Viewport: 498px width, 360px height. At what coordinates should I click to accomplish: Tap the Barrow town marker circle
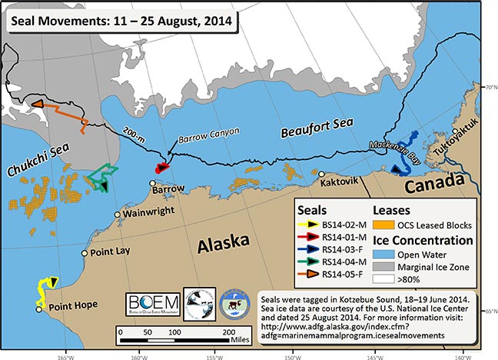154,182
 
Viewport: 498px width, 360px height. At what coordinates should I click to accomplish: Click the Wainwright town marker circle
117,215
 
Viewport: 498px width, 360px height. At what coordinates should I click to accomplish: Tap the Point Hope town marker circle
39,309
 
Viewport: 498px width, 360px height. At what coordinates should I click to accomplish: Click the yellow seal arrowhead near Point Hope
52,283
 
